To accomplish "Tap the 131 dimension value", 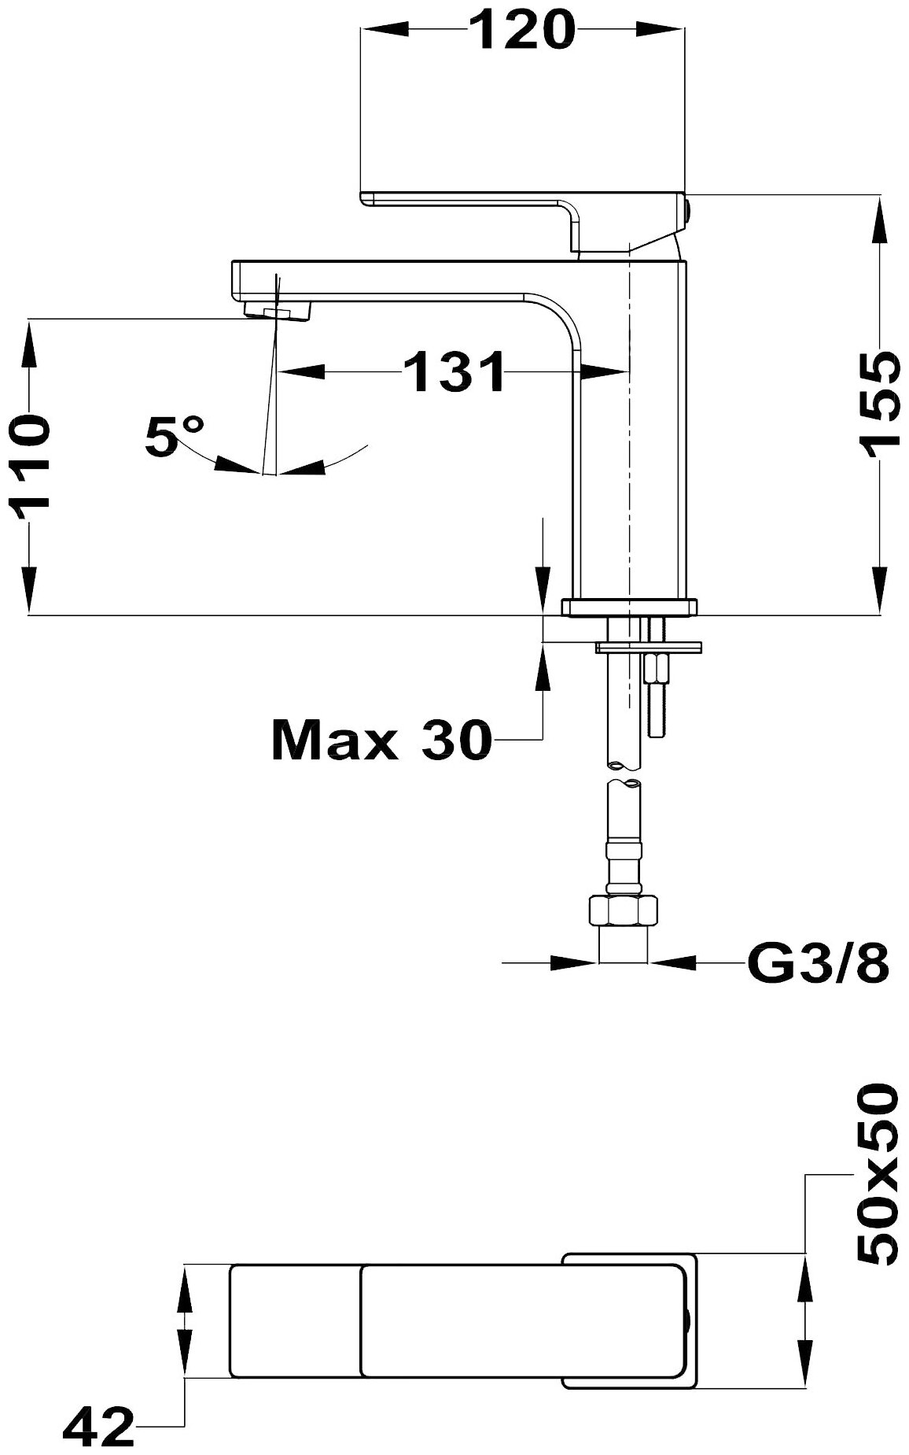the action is [454, 371].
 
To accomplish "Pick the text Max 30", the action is [381, 740].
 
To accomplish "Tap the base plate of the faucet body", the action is [630, 607].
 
